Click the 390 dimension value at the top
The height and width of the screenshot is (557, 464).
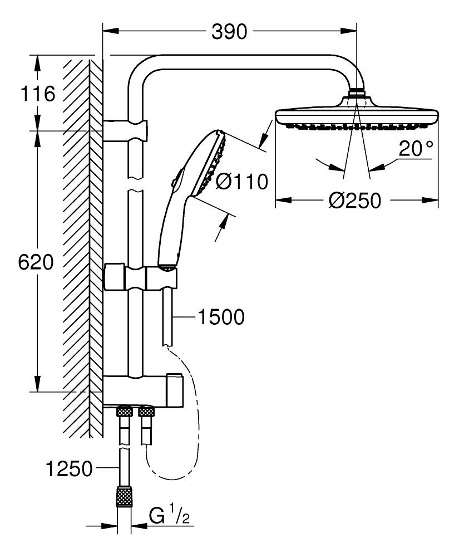pos(229,32)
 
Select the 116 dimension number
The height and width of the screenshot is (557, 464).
pos(38,94)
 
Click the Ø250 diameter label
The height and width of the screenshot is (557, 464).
pos(355,201)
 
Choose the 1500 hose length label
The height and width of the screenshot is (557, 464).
pos(221,317)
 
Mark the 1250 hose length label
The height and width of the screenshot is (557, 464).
pos(70,469)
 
